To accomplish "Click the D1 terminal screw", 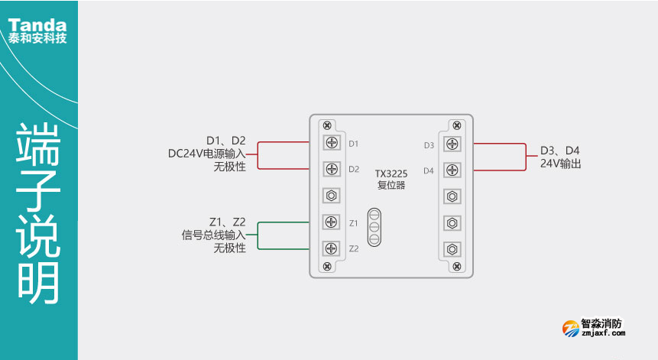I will [x=332, y=143].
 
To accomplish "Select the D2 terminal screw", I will [x=332, y=169].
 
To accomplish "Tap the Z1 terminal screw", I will [x=332, y=222].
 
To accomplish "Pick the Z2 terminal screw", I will [x=332, y=248].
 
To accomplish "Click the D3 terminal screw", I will [x=452, y=144].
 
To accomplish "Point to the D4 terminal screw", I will [x=452, y=170].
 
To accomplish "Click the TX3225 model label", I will [x=391, y=174].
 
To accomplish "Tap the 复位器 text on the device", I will [x=391, y=185].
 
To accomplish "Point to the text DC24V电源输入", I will [x=207, y=154].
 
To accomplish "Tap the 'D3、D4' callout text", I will [x=560, y=151].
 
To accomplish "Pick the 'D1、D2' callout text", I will [x=226, y=140].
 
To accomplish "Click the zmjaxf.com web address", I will [x=603, y=333].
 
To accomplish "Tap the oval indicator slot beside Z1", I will [x=374, y=227].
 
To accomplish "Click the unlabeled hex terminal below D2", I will [x=332, y=195].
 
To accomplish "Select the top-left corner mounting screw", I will [x=327, y=125].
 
